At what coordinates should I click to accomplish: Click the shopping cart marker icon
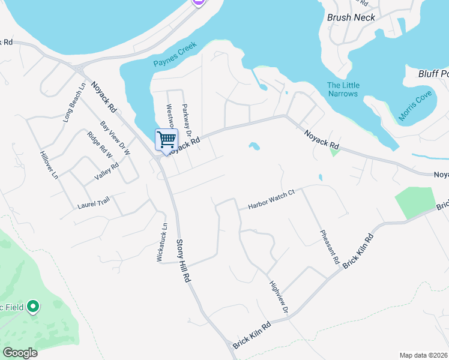[x=166, y=140]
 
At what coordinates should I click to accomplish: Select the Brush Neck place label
[x=351, y=17]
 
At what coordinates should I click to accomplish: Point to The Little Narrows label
[x=343, y=89]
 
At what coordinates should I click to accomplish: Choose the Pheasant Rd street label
[x=330, y=248]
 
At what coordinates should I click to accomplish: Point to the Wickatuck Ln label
[x=161, y=242]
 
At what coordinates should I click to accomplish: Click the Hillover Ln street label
[x=49, y=166]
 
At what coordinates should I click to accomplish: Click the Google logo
[x=20, y=353]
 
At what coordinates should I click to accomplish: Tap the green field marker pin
[x=34, y=308]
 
